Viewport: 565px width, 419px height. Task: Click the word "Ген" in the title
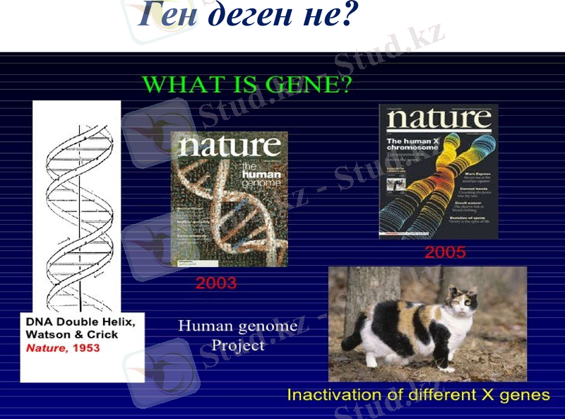[167, 16]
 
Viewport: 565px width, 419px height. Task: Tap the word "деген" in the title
[244, 16]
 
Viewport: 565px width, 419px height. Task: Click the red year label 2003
[215, 284]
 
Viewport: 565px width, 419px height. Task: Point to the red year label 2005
[444, 252]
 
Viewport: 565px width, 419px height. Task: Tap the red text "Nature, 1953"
[63, 348]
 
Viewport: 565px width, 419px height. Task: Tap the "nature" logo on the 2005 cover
[438, 120]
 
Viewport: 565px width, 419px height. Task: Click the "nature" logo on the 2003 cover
[230, 146]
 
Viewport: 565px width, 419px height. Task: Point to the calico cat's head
[460, 302]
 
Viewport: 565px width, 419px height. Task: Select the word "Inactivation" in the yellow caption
[331, 394]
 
